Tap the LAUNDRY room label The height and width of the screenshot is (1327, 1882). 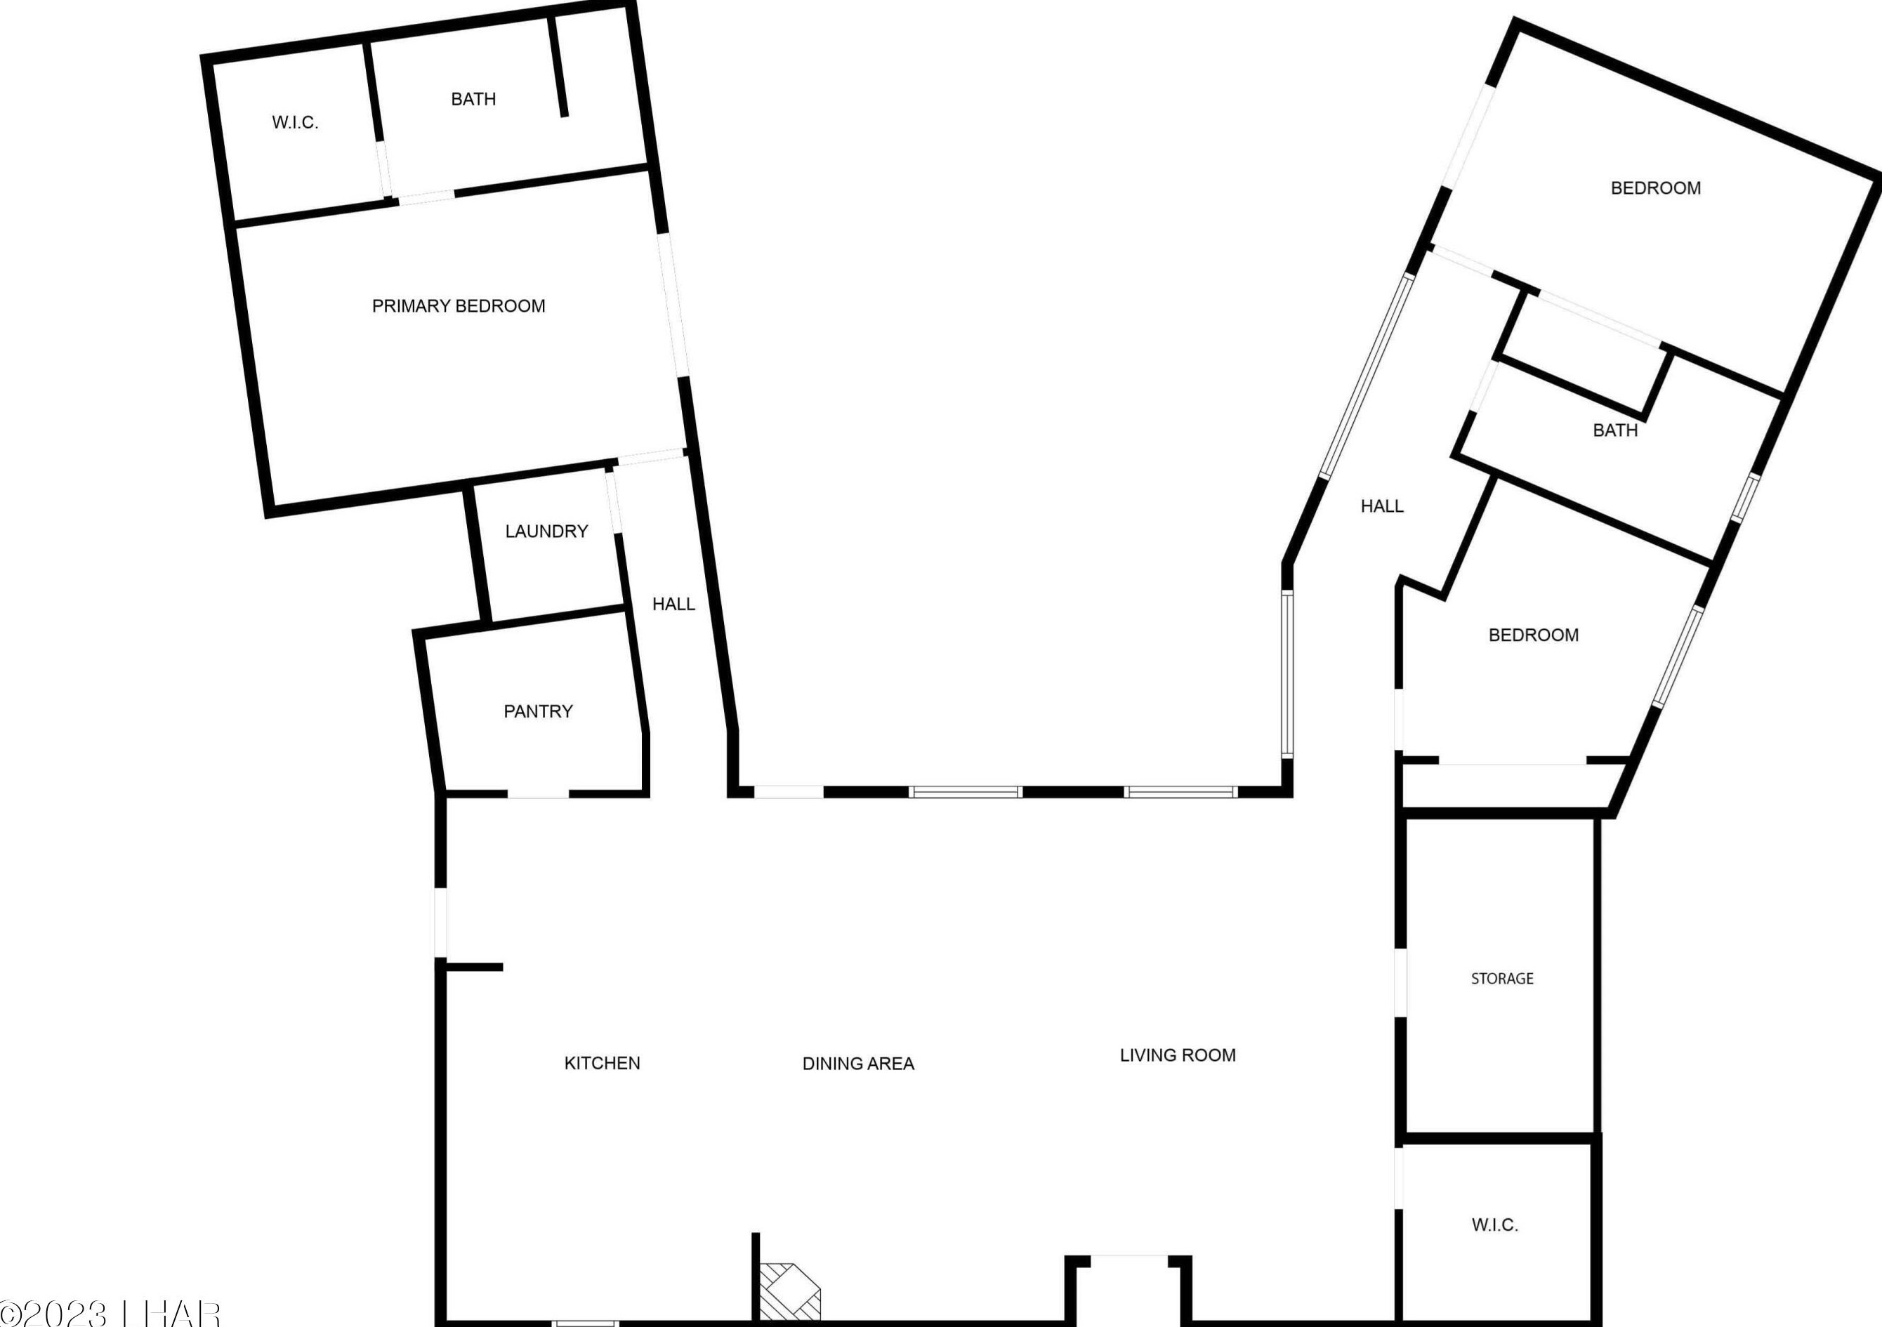click(x=546, y=531)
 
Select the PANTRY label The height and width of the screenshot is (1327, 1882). click(x=538, y=711)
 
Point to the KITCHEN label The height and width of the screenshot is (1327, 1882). click(x=602, y=1063)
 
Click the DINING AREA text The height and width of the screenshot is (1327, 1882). click(x=857, y=1064)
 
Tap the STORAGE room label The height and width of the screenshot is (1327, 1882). click(x=1501, y=979)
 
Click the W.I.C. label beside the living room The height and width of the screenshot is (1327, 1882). click(x=1494, y=1225)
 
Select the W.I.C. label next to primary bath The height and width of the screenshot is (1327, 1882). click(x=295, y=123)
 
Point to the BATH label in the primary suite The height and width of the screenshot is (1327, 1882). click(x=473, y=99)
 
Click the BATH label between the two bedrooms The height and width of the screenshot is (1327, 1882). click(x=1614, y=430)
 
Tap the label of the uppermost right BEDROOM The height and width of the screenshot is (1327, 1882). click(x=1655, y=188)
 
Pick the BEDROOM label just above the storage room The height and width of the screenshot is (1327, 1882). click(x=1533, y=635)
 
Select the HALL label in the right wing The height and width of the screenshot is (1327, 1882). click(x=1382, y=506)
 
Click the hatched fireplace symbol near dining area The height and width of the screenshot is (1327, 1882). click(x=789, y=1291)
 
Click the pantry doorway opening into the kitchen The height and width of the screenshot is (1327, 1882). click(x=538, y=793)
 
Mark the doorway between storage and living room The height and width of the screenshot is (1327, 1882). click(x=1400, y=983)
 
